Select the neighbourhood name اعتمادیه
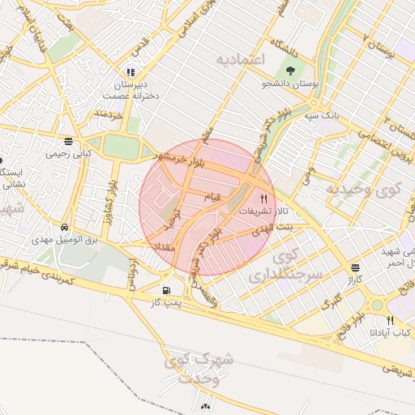[x=242, y=61]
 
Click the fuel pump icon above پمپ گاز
[x=167, y=290]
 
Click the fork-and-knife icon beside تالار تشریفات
[x=263, y=198]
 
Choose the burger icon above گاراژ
[x=354, y=268]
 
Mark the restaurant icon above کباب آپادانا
[x=390, y=320]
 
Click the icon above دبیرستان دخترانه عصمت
[x=131, y=72]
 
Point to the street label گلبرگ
[x=331, y=303]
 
